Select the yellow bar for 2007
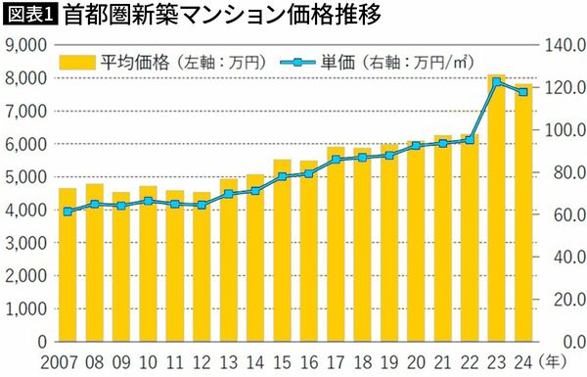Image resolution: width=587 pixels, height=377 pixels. coord(68,265)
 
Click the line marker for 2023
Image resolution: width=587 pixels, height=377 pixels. coord(496,82)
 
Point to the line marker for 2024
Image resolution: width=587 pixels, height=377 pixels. coord(522,92)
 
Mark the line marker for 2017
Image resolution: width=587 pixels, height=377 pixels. coord(336,160)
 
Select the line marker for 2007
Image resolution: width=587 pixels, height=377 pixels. coord(68,212)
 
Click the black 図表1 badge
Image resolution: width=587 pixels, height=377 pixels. coord(30,15)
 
